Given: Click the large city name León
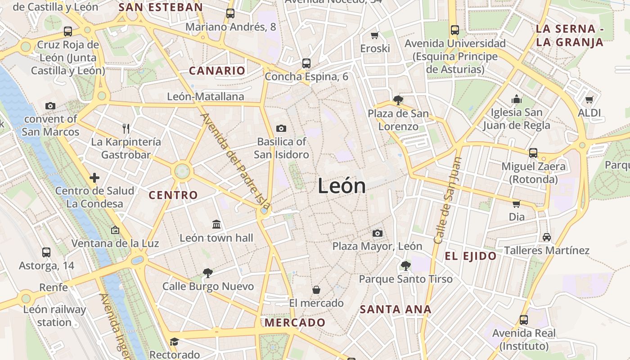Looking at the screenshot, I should coord(342,186).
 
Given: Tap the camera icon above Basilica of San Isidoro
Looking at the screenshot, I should coord(281,129).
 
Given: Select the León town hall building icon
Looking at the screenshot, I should coord(216,224).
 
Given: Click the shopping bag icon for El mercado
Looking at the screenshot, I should coord(316,289).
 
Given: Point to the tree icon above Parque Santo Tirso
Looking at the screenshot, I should coord(405,265).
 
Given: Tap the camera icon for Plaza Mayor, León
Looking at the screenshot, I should coord(377,233).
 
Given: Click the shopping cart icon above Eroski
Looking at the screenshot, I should coord(374,35).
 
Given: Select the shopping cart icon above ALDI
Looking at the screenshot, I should coord(589,99).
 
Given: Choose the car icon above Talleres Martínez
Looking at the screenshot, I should coord(546,237).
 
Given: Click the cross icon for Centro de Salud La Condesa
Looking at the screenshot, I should coord(94,178).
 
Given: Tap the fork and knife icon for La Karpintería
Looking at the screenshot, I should coord(126,129).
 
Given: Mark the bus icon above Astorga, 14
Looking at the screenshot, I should coord(46,252).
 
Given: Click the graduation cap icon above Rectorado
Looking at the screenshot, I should coord(174,342).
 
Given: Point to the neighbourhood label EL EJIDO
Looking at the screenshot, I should coord(471,256).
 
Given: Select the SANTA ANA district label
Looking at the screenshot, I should coord(396,310).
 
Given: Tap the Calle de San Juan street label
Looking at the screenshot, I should coord(447,200).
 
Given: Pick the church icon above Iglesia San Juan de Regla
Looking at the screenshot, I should coord(516,99).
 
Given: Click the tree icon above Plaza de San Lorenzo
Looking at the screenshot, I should coord(398,100).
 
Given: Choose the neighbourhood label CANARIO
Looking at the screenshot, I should coord(217,71).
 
